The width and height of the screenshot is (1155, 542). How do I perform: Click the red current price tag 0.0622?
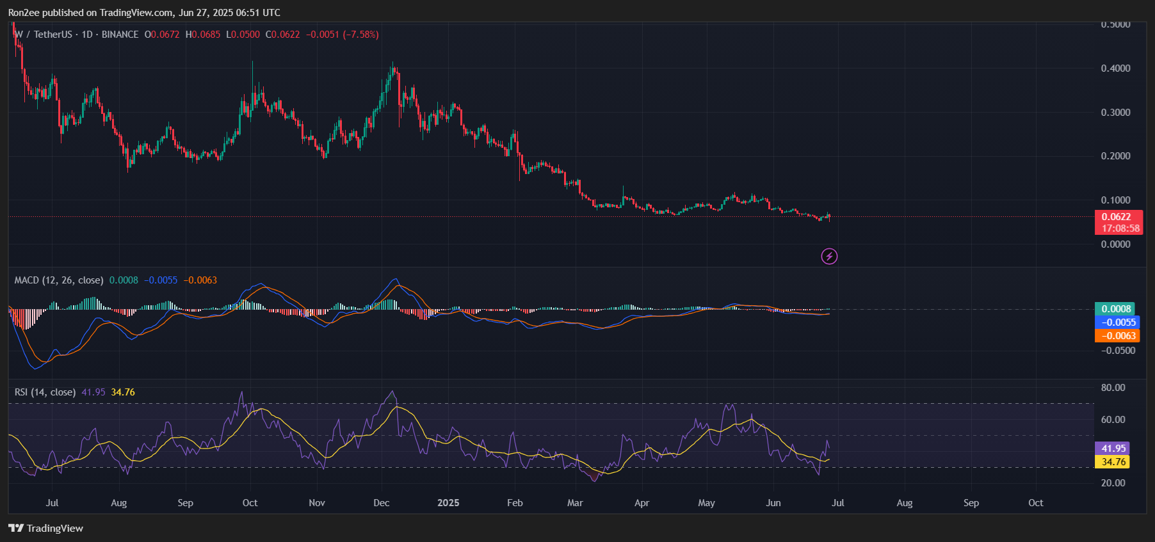point(1116,217)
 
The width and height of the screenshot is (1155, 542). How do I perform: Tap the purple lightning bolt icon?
point(829,257)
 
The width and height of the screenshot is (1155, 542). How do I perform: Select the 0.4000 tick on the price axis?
point(1115,68)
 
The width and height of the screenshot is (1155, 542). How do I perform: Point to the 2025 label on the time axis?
point(448,503)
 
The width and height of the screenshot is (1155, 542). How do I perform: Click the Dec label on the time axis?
point(382,503)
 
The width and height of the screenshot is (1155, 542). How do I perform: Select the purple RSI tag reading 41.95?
point(1113,449)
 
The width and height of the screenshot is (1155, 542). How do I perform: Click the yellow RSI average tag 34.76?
point(1113,462)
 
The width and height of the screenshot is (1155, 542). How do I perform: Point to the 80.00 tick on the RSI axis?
point(1113,388)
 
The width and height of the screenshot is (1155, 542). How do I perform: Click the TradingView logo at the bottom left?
point(46,528)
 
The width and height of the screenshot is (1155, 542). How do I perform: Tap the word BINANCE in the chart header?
point(120,35)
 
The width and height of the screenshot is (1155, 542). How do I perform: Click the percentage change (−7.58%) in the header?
point(361,35)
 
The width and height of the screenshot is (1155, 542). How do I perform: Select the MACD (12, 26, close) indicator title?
point(59,280)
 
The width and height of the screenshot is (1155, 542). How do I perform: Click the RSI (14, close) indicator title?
point(45,392)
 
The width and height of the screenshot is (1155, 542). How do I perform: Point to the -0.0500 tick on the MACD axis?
point(1117,351)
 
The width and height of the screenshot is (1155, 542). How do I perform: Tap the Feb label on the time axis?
point(515,503)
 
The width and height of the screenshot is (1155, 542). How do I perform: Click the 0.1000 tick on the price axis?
point(1115,200)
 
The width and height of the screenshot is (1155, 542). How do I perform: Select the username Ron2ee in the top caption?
point(24,13)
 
